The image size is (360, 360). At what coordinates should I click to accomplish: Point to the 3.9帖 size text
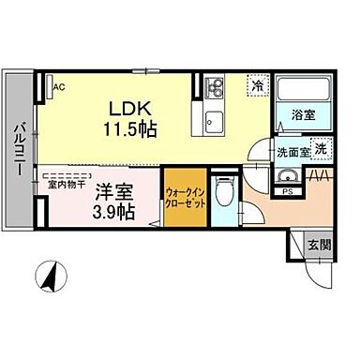point(112,213)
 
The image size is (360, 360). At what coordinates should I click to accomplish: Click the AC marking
point(59,87)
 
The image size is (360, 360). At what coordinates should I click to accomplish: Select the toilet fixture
point(223,195)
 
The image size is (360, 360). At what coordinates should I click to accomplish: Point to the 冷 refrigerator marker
point(257,85)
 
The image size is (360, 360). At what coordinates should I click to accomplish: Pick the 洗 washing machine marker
point(319,148)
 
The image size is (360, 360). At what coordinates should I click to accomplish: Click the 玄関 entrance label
point(319,245)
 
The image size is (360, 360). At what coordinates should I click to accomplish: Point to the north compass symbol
point(50,277)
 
